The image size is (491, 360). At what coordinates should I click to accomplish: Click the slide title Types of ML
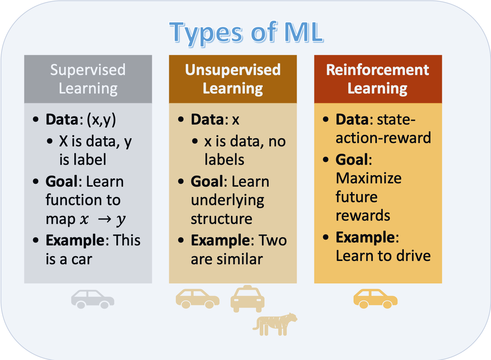click(246, 33)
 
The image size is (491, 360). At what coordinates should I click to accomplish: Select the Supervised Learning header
click(88, 79)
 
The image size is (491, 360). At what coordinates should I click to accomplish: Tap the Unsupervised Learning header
click(233, 79)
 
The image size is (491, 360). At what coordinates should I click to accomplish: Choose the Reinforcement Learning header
click(378, 79)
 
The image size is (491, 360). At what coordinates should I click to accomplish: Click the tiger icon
click(275, 324)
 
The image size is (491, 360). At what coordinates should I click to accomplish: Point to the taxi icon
click(247, 299)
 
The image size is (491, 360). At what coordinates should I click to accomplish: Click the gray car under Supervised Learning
click(93, 299)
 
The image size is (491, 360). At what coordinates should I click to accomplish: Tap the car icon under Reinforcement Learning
click(375, 299)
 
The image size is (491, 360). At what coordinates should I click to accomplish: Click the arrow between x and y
click(105, 219)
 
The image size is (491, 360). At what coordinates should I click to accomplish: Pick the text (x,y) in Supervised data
click(101, 120)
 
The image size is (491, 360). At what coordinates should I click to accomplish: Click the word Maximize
click(368, 178)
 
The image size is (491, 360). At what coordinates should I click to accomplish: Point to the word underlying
click(228, 200)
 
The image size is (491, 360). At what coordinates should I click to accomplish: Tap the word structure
click(221, 219)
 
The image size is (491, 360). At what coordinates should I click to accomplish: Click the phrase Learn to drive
click(383, 256)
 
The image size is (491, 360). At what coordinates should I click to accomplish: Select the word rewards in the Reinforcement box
click(363, 215)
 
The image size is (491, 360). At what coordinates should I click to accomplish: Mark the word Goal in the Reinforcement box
click(352, 160)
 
